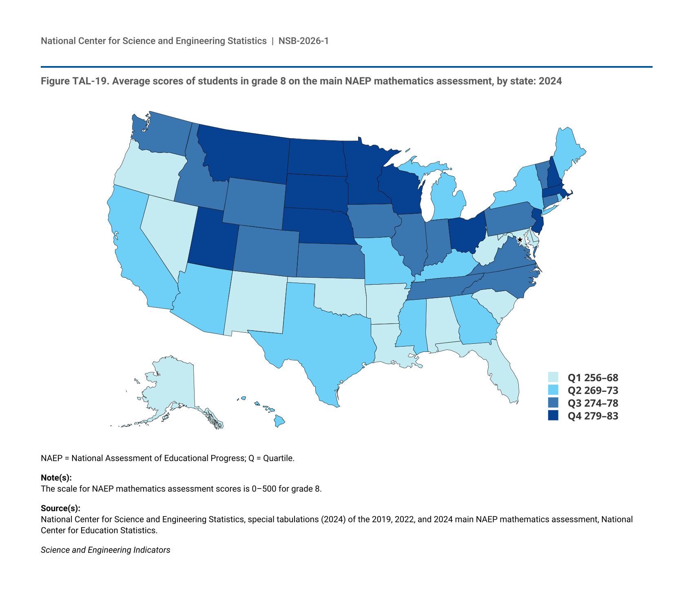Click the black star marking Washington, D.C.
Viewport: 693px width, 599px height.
point(520,240)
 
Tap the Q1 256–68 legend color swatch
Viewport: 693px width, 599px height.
point(553,377)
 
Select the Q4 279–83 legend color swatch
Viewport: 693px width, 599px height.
point(553,416)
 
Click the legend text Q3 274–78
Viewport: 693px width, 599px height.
point(593,403)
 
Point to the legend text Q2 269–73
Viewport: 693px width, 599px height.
point(593,390)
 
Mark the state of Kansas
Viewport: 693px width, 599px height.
point(330,261)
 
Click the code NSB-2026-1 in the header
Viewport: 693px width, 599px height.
point(303,41)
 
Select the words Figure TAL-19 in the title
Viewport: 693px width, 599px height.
point(73,81)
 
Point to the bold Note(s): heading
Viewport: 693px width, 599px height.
point(56,478)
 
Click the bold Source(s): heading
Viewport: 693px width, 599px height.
point(60,508)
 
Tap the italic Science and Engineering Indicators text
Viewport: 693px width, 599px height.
point(105,550)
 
